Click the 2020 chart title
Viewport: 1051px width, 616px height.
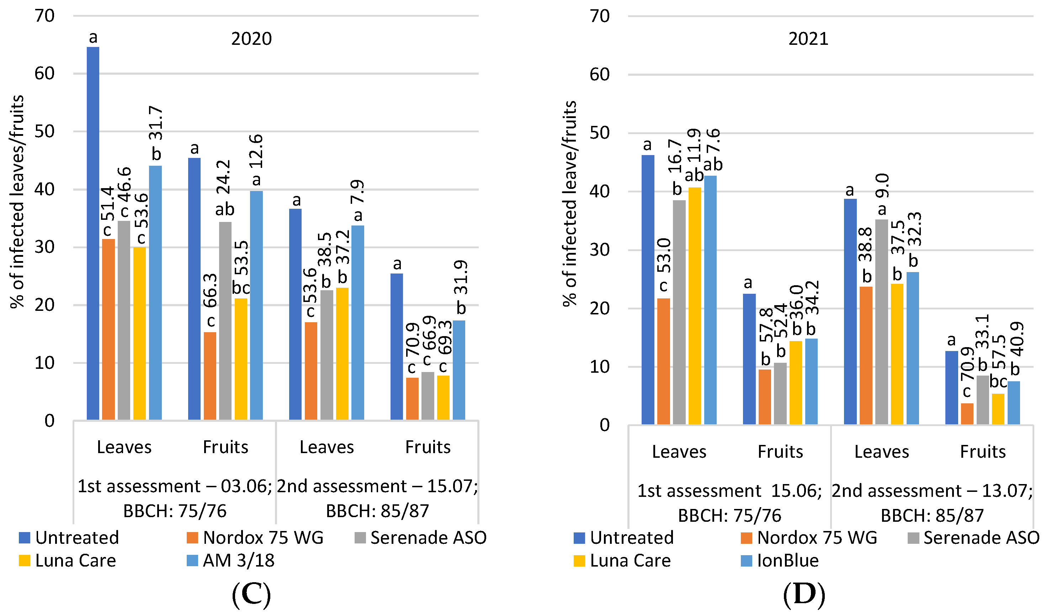(x=251, y=39)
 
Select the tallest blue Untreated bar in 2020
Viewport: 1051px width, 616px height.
(x=93, y=234)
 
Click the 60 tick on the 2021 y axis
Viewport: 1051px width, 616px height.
(x=599, y=75)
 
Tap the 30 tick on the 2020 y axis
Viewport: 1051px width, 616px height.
(x=44, y=247)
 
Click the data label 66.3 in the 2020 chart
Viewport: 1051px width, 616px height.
(x=211, y=290)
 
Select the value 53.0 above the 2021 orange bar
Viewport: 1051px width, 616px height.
(x=664, y=256)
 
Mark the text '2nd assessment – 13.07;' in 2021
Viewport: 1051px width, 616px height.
(x=932, y=490)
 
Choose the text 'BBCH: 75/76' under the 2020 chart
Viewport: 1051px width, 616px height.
(x=175, y=511)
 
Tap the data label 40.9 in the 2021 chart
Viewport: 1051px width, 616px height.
(x=1018, y=339)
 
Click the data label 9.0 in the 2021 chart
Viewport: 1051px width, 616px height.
(x=882, y=186)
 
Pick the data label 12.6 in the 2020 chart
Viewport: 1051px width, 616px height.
(x=256, y=151)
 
